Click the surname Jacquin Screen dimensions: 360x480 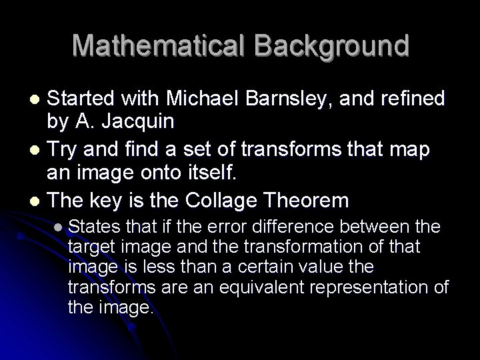(x=147, y=121)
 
